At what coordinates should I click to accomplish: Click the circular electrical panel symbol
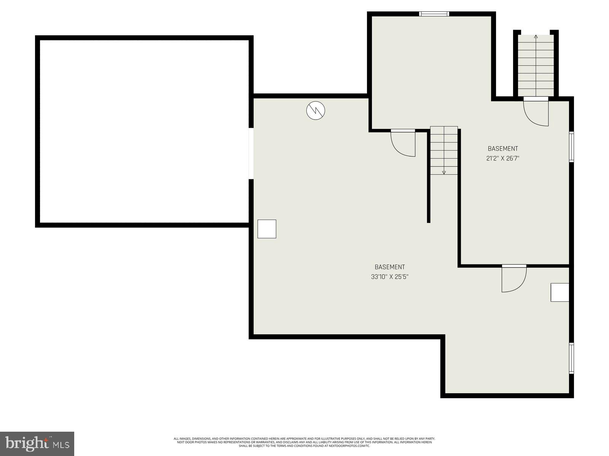(316, 111)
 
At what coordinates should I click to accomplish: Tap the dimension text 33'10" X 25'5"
(390, 277)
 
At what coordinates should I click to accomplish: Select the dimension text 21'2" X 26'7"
(502, 158)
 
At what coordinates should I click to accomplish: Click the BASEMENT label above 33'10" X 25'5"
(390, 267)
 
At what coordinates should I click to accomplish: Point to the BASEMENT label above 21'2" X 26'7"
(503, 149)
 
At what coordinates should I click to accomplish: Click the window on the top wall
(434, 14)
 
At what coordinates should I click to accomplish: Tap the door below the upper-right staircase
(536, 112)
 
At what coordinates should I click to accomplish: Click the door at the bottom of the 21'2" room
(514, 279)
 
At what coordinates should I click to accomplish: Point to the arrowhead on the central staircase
(444, 173)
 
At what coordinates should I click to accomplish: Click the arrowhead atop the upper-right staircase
(536, 37)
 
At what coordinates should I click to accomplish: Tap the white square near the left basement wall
(267, 229)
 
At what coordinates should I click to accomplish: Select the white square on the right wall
(560, 293)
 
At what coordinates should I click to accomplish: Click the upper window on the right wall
(571, 147)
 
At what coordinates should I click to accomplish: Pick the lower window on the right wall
(571, 358)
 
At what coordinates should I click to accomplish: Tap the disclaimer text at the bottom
(304, 442)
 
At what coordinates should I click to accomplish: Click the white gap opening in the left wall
(251, 153)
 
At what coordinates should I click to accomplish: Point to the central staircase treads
(444, 150)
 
